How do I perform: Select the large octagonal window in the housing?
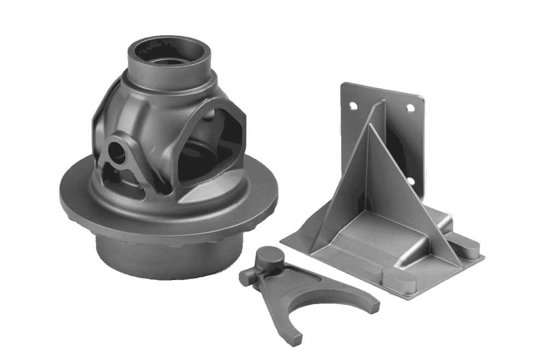211,148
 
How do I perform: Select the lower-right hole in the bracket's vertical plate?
410,181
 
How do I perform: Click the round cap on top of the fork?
269,256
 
